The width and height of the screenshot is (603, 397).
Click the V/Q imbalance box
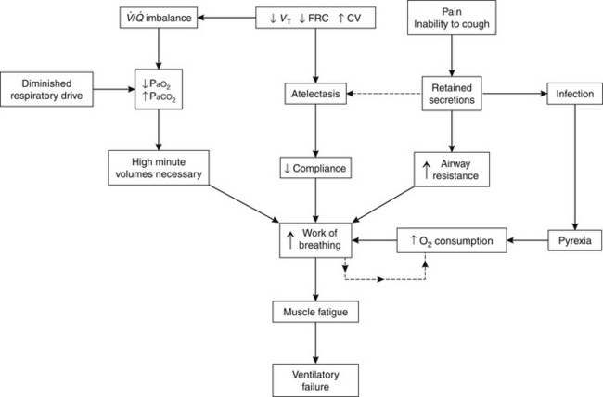[x=159, y=17]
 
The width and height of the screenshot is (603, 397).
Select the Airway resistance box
[x=452, y=169]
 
